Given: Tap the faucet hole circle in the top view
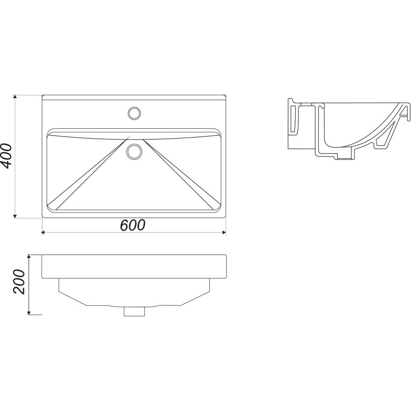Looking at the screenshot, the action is (x=134, y=113).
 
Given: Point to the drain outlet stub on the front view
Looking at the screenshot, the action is (x=134, y=312).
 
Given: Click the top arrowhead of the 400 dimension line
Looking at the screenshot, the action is (x=15, y=97).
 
